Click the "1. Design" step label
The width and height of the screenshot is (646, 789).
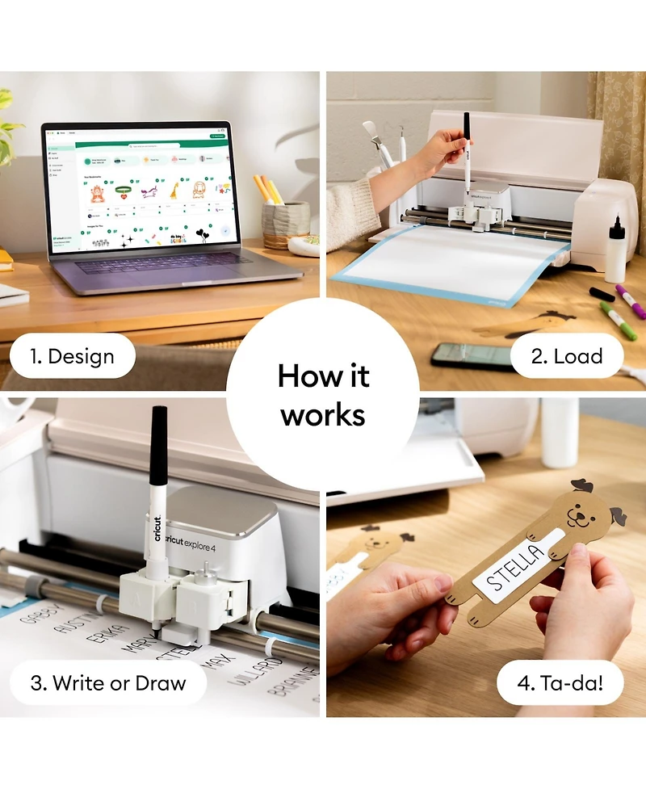pyautogui.click(x=72, y=356)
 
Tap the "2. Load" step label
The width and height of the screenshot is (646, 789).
pyautogui.click(x=566, y=356)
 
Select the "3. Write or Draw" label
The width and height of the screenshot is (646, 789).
pyautogui.click(x=108, y=682)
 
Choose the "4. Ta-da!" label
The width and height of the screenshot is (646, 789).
pyautogui.click(x=560, y=682)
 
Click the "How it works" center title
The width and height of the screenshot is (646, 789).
pyautogui.click(x=323, y=395)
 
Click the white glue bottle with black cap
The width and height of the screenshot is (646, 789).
pyautogui.click(x=615, y=250)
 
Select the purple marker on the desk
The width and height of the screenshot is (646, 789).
pyautogui.click(x=631, y=300)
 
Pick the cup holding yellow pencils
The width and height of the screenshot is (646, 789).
pyautogui.click(x=285, y=223)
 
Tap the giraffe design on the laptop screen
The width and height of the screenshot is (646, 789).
pyautogui.click(x=173, y=191)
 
